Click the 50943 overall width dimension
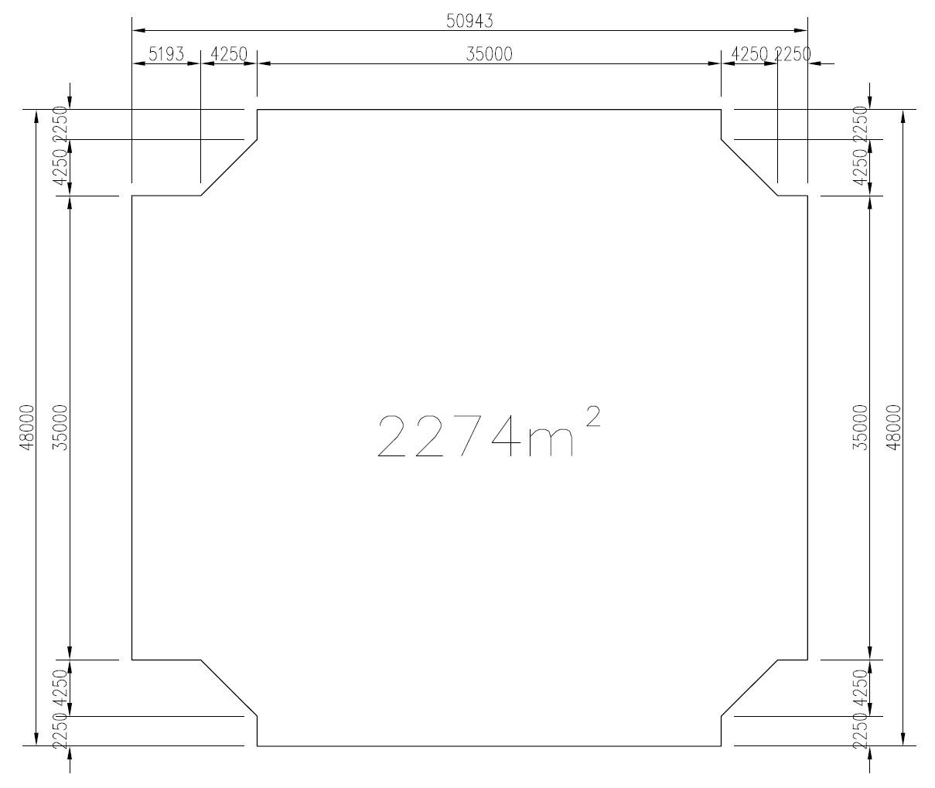click(x=469, y=21)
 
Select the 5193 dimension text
click(x=166, y=54)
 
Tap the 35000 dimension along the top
click(x=489, y=54)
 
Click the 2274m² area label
click(x=489, y=432)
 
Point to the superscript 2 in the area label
click(x=593, y=416)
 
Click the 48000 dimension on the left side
click(x=28, y=428)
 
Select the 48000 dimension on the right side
click(x=894, y=428)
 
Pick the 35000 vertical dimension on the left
click(x=60, y=428)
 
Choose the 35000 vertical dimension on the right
click(x=861, y=428)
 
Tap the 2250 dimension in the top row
click(x=793, y=54)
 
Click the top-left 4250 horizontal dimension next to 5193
click(x=229, y=54)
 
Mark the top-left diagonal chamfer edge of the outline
click(x=229, y=168)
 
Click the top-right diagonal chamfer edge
click(x=749, y=168)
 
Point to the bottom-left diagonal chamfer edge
click(x=229, y=687)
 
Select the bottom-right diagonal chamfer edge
click(x=749, y=687)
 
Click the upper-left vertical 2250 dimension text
click(x=60, y=124)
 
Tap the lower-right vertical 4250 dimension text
click(x=861, y=687)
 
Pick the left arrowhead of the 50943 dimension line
click(x=138, y=30)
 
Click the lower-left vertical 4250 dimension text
click(x=60, y=687)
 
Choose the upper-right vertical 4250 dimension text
click(x=861, y=168)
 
